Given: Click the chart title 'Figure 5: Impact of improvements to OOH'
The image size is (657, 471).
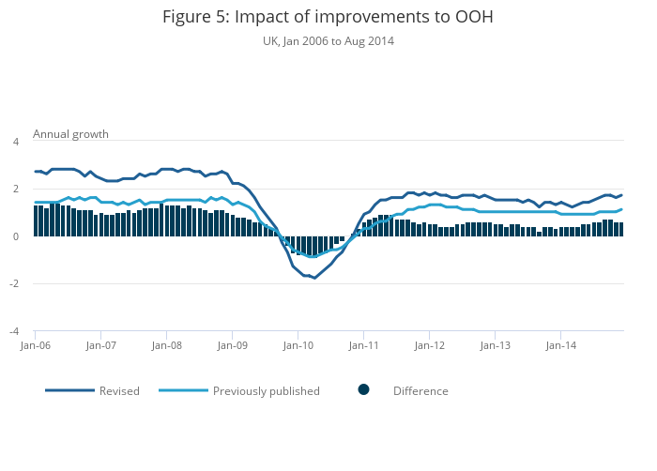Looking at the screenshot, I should [328, 17].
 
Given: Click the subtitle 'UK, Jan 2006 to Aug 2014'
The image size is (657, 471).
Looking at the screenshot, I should [328, 41].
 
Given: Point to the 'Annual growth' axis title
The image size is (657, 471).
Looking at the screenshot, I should [70, 134].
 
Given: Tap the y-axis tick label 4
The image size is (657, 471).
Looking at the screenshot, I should [15, 142].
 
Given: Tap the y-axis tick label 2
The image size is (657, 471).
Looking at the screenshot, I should [15, 190].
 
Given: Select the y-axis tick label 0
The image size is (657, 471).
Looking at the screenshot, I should [15, 236].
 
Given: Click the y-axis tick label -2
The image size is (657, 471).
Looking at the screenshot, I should [13, 284].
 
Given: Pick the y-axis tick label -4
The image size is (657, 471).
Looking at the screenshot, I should [13, 331].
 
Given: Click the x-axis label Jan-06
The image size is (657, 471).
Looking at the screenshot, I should [35, 345].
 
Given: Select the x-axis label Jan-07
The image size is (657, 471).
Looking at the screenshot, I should [100, 345].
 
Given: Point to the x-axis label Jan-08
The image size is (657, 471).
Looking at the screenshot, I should [166, 345].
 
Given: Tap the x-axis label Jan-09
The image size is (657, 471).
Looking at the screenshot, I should [232, 345].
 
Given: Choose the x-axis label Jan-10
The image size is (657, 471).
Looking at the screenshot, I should [298, 345].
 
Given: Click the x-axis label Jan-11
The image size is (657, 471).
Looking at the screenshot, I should [363, 345].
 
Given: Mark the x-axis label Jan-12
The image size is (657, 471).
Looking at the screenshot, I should [429, 345].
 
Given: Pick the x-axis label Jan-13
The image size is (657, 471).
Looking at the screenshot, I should [495, 345].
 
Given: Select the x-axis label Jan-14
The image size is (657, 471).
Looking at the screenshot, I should [560, 345].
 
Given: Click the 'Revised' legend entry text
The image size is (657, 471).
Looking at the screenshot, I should [119, 391].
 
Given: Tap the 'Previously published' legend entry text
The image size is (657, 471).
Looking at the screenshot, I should [266, 391].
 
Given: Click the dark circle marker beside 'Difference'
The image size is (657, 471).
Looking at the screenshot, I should [363, 390].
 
